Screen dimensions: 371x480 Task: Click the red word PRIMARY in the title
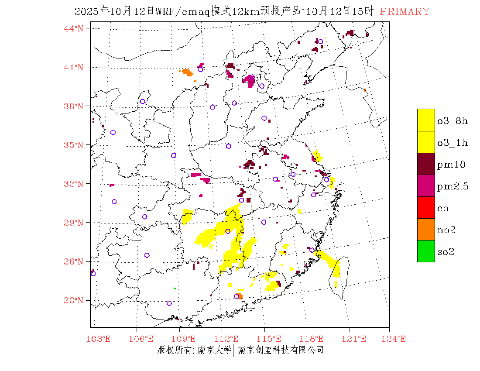tap(405, 12)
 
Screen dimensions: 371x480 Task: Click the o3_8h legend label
tap(452, 121)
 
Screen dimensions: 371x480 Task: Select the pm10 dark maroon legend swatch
tap(426, 164)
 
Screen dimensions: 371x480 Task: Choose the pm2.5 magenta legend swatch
tap(426, 185)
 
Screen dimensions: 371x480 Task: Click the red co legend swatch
tap(426, 207)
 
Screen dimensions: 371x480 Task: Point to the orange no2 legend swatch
tap(426, 229)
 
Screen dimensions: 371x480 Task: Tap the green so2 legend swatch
tap(426, 251)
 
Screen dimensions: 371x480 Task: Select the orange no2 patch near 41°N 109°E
tap(187, 72)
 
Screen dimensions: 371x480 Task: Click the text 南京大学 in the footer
tap(214, 350)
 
